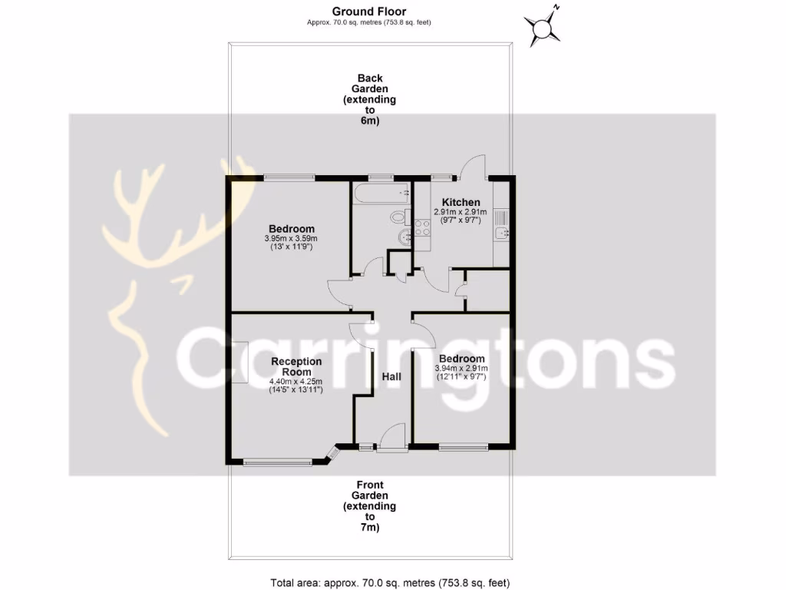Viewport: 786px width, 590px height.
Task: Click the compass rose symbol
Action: coord(544,28)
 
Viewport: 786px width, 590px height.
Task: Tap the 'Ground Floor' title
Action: coord(369,11)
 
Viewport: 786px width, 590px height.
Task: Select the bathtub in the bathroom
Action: coord(381,194)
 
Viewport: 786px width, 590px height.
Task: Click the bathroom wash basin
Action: coord(404,238)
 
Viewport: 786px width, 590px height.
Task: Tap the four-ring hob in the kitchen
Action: coord(421,227)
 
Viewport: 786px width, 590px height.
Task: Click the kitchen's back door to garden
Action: coord(471,167)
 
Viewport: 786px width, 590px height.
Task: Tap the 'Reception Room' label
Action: coord(296,367)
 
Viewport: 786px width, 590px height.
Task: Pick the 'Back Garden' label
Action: coord(369,99)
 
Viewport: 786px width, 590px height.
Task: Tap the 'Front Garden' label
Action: coord(369,506)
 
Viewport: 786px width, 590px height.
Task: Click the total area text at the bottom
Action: coord(391,582)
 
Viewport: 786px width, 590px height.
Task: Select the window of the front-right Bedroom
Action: coord(464,446)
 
